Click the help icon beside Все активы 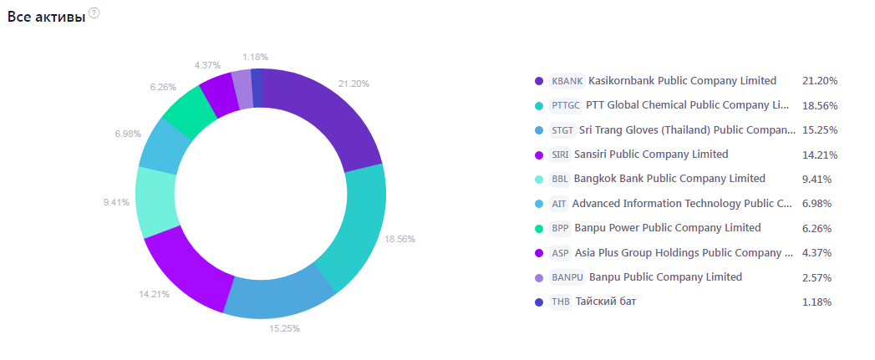[94, 13]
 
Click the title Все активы [46, 18]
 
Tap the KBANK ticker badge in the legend [567, 81]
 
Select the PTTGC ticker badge [566, 105]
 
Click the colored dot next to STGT [539, 130]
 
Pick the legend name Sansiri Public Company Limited [651, 155]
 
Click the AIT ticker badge [559, 204]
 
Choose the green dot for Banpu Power [539, 228]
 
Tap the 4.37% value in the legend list [815, 253]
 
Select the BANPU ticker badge [567, 277]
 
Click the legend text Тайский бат [606, 302]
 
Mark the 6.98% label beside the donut [129, 134]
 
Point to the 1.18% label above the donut [255, 57]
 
